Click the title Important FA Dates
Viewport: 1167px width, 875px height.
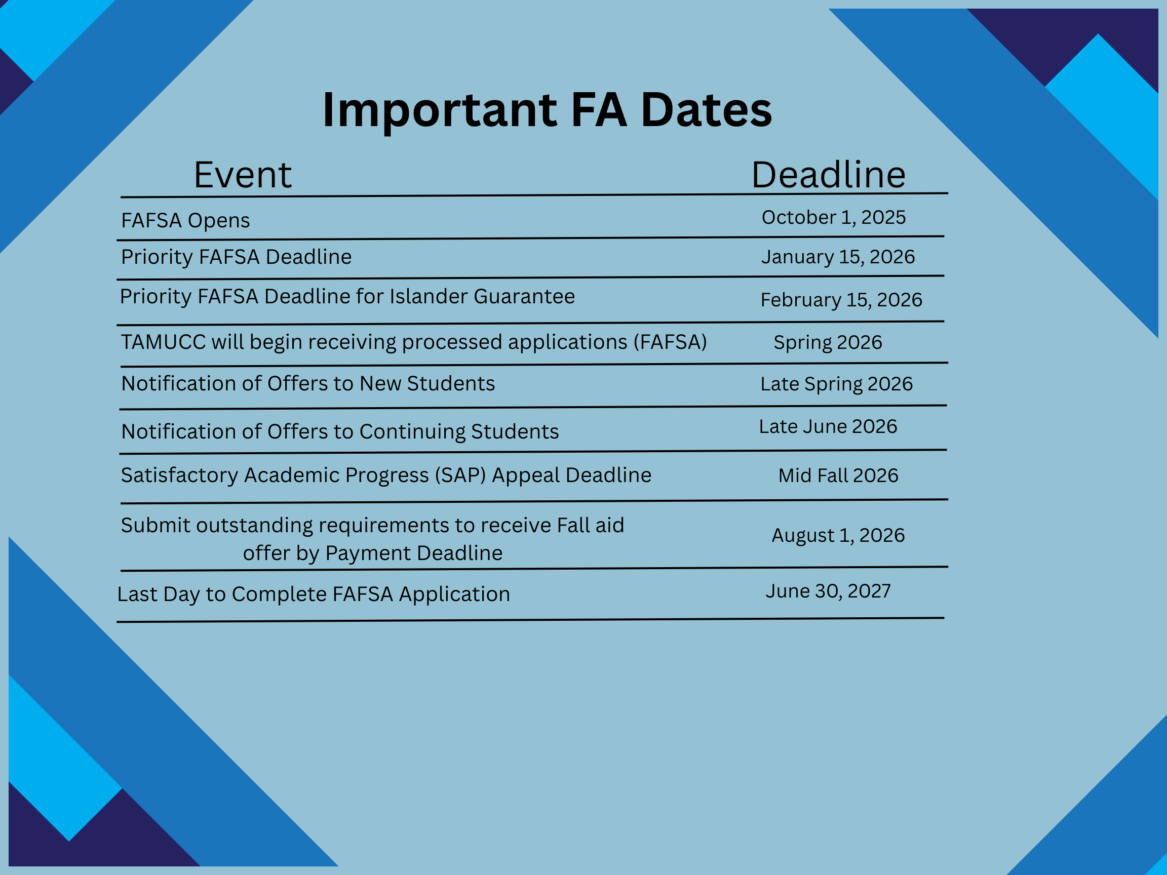547,110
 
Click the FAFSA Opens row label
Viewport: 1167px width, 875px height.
185,220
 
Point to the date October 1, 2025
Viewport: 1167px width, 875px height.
834,217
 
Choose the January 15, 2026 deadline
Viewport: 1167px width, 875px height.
838,257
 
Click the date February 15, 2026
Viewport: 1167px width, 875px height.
841,300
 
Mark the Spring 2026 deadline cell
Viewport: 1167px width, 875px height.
827,342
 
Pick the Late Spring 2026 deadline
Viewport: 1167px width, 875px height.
836,384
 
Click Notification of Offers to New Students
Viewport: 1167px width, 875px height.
308,383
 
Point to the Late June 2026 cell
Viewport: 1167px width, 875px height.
828,426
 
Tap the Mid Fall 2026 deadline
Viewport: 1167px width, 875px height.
838,475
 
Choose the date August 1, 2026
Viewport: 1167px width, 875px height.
838,535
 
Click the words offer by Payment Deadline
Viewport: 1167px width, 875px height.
372,553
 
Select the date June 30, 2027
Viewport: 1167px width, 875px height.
828,591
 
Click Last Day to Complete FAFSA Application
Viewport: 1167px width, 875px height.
314,594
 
